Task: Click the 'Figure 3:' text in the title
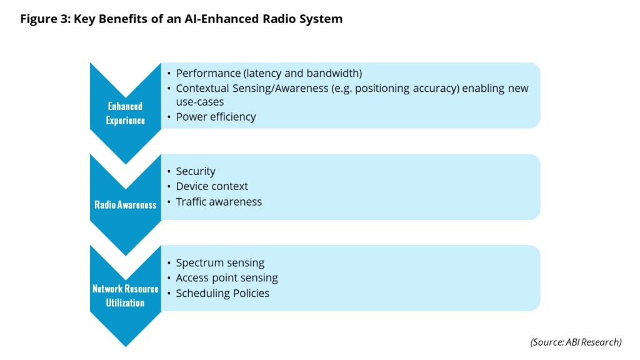click(x=45, y=19)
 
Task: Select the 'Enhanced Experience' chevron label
click(x=125, y=113)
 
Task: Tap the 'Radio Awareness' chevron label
click(x=125, y=204)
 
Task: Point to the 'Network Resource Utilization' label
click(x=125, y=296)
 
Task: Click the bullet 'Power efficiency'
click(x=216, y=117)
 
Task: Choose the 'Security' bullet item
click(x=196, y=171)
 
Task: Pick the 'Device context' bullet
click(x=212, y=186)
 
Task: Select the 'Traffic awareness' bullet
click(x=219, y=201)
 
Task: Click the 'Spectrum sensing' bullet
click(x=220, y=262)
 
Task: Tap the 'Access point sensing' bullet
click(x=227, y=277)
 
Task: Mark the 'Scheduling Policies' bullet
click(x=222, y=293)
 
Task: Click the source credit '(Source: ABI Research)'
click(x=576, y=342)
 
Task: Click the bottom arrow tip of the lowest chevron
click(x=126, y=345)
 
